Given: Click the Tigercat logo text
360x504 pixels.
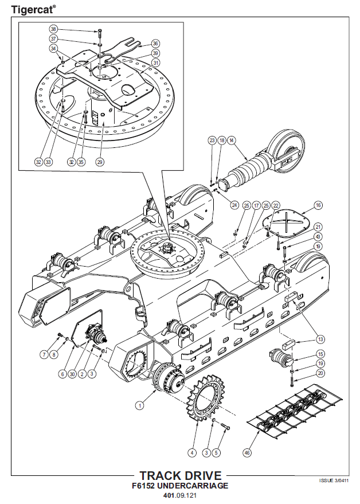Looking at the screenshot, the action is pyautogui.click(x=33, y=9).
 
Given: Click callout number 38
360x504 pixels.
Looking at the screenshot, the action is pyautogui.click(x=53, y=29).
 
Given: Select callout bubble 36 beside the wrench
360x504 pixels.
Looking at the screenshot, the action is pyautogui.click(x=155, y=44).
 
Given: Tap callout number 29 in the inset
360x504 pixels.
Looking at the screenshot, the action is pyautogui.click(x=100, y=162).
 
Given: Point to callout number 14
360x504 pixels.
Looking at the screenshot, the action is pyautogui.click(x=231, y=140).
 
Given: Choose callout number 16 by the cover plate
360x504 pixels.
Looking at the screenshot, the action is pyautogui.click(x=318, y=205).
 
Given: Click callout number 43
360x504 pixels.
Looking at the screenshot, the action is pyautogui.click(x=318, y=237).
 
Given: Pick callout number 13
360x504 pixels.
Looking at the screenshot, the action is pyautogui.click(x=320, y=339).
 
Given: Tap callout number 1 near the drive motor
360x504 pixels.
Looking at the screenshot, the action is pyautogui.click(x=139, y=405).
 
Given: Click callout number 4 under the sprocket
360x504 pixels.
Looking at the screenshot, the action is pyautogui.click(x=192, y=452).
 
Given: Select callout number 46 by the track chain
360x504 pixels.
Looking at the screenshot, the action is pyautogui.click(x=247, y=452).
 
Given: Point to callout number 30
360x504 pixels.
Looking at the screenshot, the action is pyautogui.click(x=73, y=374).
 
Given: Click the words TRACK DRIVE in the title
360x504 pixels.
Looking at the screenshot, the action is pyautogui.click(x=181, y=476).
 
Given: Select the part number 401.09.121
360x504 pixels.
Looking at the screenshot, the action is pyautogui.click(x=180, y=495).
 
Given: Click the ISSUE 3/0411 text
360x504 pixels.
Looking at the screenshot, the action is pyautogui.click(x=334, y=480).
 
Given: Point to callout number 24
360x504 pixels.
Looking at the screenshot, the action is pyautogui.click(x=234, y=205).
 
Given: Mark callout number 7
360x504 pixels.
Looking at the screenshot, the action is pyautogui.click(x=44, y=355).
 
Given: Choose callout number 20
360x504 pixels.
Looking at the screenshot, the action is pyautogui.click(x=320, y=373).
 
